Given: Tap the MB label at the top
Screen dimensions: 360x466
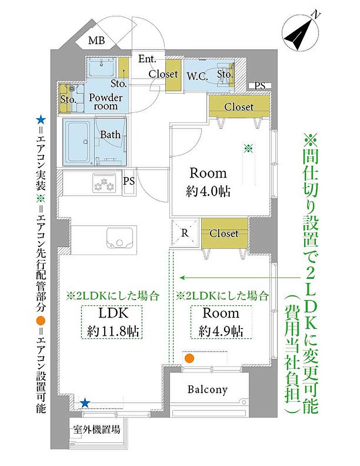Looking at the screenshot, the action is [96, 40].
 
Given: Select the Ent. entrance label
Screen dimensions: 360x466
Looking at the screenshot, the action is [147, 59].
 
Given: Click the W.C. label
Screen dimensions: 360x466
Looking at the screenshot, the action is [197, 76].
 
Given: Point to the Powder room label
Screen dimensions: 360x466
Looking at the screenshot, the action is [106, 102].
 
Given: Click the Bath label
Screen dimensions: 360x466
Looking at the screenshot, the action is [110, 135].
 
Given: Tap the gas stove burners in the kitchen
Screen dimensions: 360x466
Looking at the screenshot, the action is [104, 185].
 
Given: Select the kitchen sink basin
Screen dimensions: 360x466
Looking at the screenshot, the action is [120, 238].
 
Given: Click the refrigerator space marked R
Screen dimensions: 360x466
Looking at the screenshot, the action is [185, 233].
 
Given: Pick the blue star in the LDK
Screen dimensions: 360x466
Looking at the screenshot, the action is [85, 403].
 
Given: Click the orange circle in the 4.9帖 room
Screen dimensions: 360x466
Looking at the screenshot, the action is [189, 358].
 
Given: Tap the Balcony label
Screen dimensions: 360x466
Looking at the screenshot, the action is [208, 390].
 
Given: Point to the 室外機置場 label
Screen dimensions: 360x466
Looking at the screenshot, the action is [97, 430].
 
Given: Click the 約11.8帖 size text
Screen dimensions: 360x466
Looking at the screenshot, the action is [113, 331].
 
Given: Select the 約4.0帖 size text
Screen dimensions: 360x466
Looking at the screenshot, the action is [208, 191].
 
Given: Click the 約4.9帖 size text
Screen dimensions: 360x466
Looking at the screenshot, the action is [221, 330].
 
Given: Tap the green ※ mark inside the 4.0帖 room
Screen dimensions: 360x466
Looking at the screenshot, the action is [248, 148].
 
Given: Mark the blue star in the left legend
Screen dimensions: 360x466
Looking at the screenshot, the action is [41, 121].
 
